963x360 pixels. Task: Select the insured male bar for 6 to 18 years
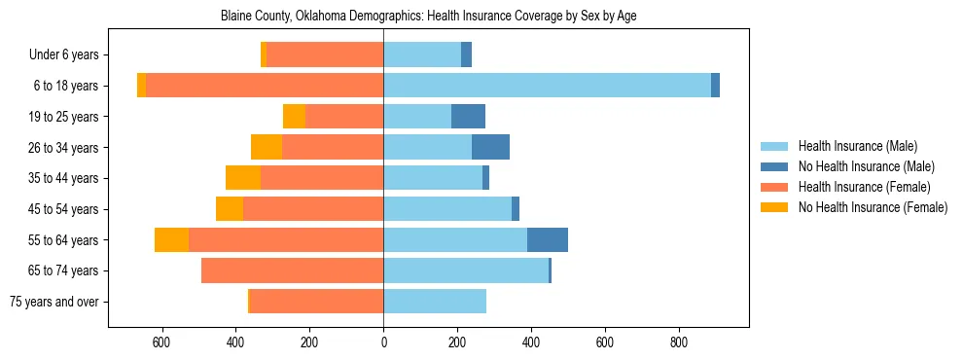pos(547,86)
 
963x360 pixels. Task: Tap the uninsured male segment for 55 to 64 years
pos(548,239)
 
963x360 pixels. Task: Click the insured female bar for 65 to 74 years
pos(292,270)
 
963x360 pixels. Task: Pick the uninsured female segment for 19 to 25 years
pos(294,117)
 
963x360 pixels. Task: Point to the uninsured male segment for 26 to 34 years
pos(490,147)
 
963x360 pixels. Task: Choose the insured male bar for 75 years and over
pos(435,302)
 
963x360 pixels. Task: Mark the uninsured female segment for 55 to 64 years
pos(171,239)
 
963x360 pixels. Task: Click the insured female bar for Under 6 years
pos(325,54)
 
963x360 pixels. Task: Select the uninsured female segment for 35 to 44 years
pos(243,178)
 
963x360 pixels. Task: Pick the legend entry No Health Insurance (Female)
pos(872,207)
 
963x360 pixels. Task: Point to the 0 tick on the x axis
pos(383,342)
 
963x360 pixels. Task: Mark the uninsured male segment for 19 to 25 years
pos(468,117)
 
